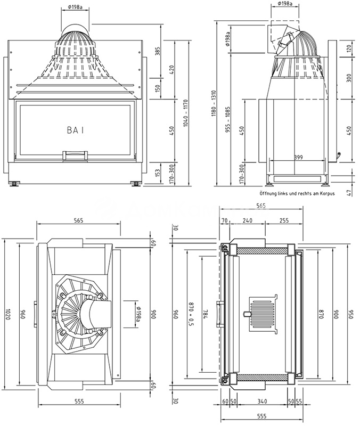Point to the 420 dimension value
(171, 70)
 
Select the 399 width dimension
(299, 158)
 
